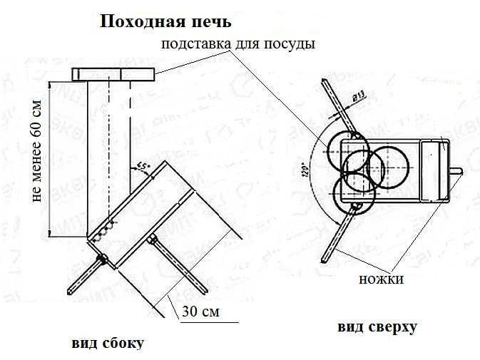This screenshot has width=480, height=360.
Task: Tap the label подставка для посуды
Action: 238,44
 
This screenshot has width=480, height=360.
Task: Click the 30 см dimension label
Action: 201,312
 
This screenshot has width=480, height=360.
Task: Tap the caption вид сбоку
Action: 108,343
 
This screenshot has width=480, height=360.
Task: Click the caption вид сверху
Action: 377,327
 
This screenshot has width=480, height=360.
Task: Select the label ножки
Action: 382,279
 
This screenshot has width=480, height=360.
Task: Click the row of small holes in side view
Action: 107,227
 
